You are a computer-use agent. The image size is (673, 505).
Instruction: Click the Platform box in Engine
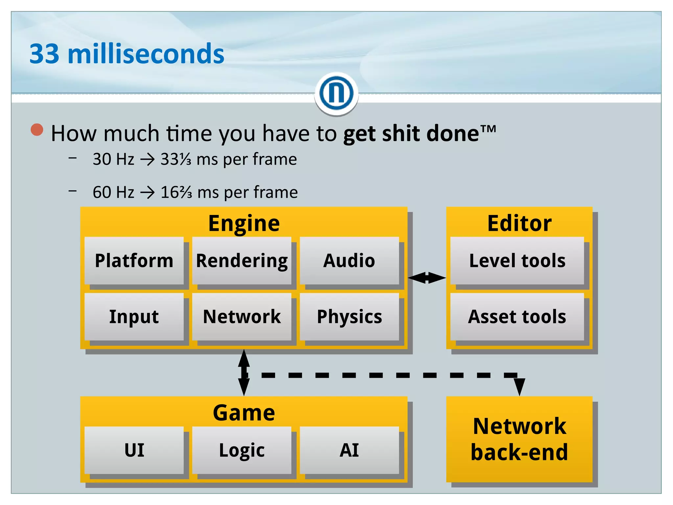[134, 260]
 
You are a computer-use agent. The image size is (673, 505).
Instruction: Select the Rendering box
[242, 260]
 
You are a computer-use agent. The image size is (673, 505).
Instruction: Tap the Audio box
[349, 260]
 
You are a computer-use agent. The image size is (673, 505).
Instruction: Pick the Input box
[134, 317]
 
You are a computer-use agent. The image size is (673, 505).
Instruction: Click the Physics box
[349, 317]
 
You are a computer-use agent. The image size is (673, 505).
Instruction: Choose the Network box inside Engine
[242, 317]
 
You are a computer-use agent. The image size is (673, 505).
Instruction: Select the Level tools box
[517, 260]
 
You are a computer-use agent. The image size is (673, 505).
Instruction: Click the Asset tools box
[517, 317]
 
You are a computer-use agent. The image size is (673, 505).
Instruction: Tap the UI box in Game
[134, 450]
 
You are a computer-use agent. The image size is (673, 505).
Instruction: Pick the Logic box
[242, 450]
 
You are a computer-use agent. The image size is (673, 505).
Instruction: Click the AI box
[349, 450]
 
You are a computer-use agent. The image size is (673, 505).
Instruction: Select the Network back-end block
[519, 439]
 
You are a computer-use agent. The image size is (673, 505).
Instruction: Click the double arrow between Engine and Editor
[427, 278]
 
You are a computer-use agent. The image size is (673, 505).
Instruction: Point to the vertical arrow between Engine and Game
[244, 373]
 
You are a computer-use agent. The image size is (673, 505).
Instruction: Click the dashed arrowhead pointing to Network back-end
[519, 386]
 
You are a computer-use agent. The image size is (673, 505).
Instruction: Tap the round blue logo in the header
[336, 93]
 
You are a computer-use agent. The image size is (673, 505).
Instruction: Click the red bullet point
[37, 130]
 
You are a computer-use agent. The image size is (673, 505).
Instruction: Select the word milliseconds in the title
[146, 54]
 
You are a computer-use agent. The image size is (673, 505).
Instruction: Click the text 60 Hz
[113, 192]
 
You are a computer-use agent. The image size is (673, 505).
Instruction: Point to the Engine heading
[244, 223]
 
